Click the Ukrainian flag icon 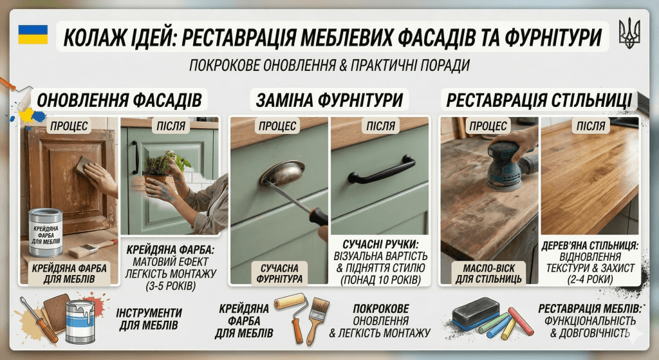click(x=32, y=34)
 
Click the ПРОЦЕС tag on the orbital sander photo click(x=488, y=126)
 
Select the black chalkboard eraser click(x=475, y=312)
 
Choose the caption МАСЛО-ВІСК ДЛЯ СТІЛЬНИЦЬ click(x=487, y=272)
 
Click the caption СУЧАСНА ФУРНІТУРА click(x=279, y=272)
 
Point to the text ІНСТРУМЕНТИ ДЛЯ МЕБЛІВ click(x=149, y=319)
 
